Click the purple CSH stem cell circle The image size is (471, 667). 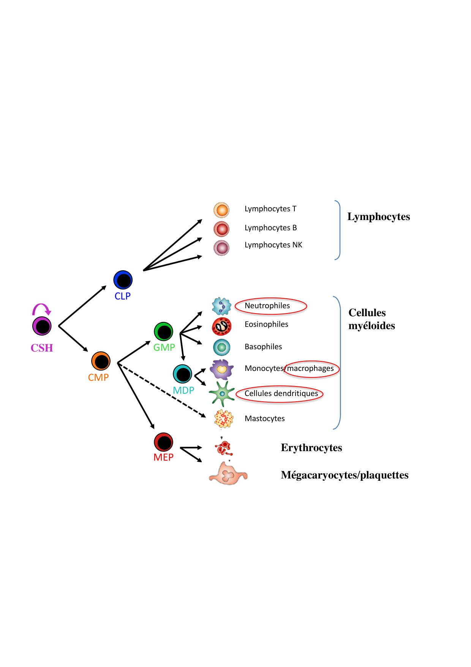(x=42, y=326)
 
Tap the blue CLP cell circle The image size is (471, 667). (x=123, y=280)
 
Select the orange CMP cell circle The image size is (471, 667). (x=101, y=361)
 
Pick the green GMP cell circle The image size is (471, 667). (x=164, y=332)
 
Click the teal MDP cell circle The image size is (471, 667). (x=183, y=374)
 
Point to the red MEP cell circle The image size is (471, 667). (x=164, y=442)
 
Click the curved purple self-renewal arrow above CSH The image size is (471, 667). (x=41, y=308)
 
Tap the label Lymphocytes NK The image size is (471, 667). (x=273, y=245)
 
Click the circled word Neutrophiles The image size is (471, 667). (x=267, y=306)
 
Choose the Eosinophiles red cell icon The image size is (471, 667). (x=222, y=326)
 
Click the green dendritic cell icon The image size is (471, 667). (x=222, y=394)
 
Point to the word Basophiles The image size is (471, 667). (x=263, y=347)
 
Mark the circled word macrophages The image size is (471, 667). (x=311, y=369)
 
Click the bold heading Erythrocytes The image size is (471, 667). (x=311, y=448)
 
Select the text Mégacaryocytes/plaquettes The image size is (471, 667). (x=345, y=475)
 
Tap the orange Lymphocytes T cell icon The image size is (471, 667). (x=221, y=210)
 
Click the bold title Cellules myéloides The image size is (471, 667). (x=371, y=319)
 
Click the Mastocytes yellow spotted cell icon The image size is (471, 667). (x=224, y=419)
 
